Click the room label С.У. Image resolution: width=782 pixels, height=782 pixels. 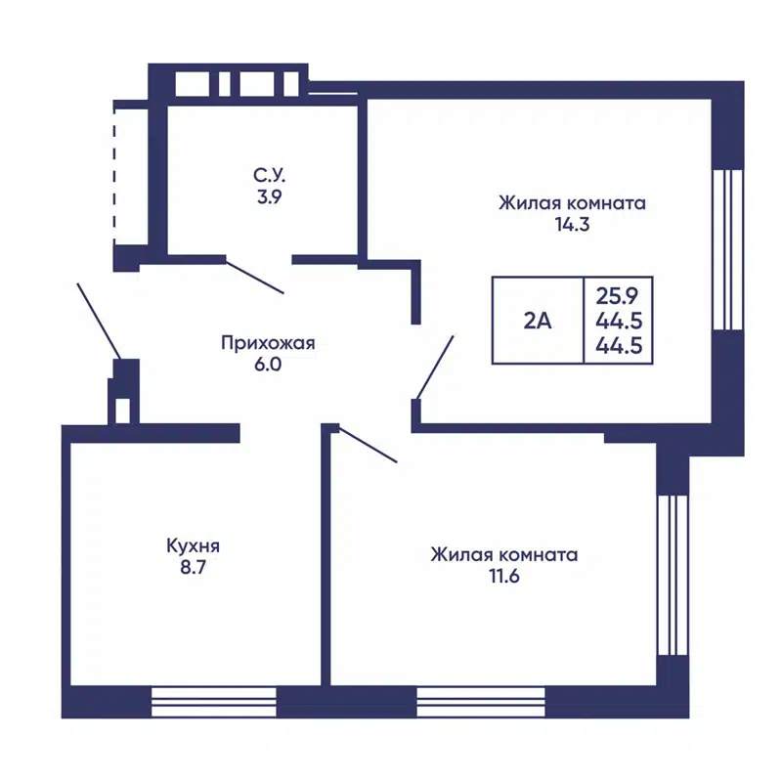point(270,177)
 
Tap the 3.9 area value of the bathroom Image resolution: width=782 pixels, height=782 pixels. point(270,196)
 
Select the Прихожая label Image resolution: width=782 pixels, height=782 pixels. point(268,343)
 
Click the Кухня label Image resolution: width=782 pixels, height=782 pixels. point(193,546)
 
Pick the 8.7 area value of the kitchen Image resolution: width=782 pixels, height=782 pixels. point(193,566)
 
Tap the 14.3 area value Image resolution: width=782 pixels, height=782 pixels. point(573,223)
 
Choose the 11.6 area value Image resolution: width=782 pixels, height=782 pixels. point(503,574)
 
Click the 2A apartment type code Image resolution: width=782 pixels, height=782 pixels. point(537,320)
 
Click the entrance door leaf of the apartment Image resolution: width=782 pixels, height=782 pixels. point(99,322)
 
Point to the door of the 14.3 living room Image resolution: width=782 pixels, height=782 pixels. point(435,367)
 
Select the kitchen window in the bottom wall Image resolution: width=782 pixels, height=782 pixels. point(215,702)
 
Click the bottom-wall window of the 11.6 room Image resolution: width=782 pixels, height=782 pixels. point(481,702)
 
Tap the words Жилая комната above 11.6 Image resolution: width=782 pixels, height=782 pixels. point(503,554)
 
